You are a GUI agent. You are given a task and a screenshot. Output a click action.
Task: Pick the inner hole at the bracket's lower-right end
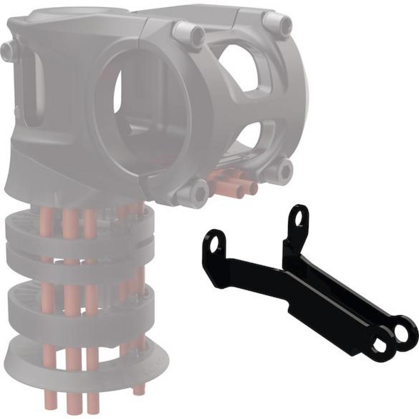point(380,346)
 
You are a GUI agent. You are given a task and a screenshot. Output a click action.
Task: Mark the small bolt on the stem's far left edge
point(7,50)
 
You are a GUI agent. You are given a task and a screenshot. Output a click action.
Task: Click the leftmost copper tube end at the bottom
point(50,400)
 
